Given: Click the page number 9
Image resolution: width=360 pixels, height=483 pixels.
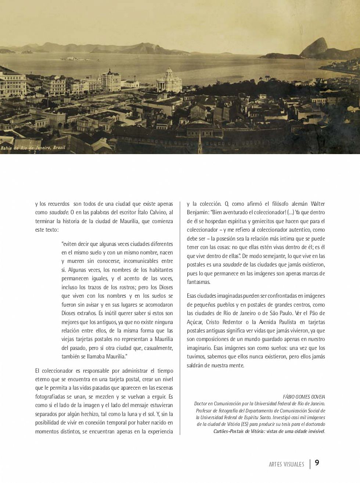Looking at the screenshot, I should click(x=317, y=462).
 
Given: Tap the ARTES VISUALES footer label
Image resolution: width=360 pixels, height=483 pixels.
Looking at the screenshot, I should click(x=286, y=464).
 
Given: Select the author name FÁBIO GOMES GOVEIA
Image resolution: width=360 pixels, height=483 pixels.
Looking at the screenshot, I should click(x=304, y=397).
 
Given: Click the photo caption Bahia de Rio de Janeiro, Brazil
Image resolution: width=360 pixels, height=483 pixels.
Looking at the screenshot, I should click(x=33, y=148).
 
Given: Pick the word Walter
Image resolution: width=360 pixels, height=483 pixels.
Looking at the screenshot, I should click(x=317, y=204).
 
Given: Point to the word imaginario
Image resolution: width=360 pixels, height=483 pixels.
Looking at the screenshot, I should click(x=199, y=348).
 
